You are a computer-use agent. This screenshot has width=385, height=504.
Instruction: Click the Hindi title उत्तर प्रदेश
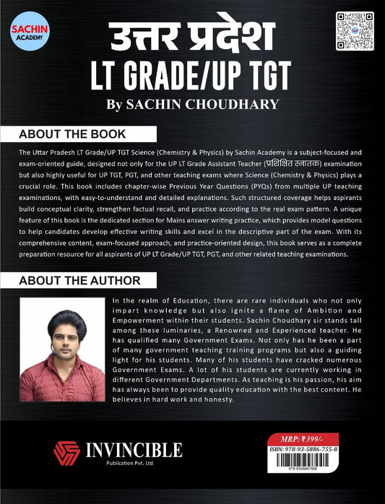tap(192, 32)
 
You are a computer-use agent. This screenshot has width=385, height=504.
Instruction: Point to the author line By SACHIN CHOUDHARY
tap(191, 103)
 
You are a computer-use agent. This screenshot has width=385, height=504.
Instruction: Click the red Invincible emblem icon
tap(66, 453)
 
